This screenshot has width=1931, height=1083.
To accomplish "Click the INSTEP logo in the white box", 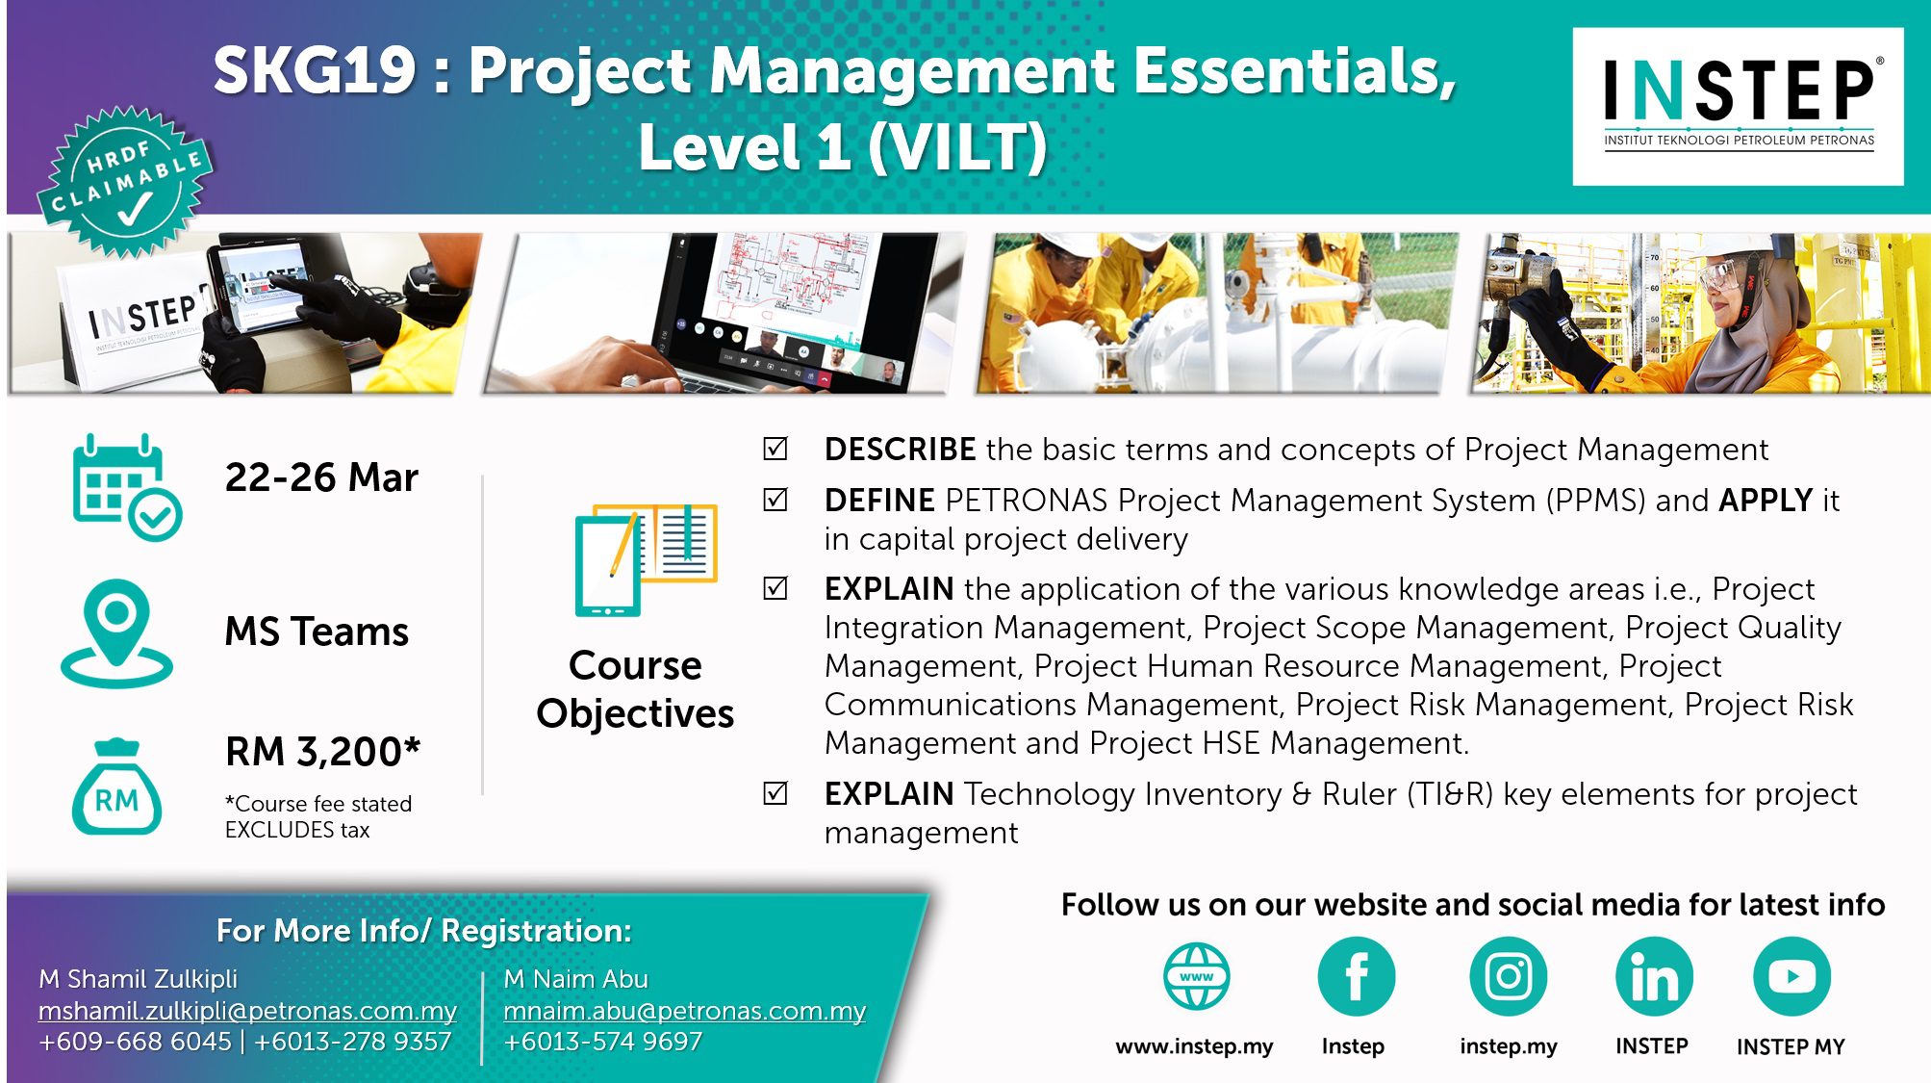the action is [1738, 105].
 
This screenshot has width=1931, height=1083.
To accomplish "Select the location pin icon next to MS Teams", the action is [116, 633].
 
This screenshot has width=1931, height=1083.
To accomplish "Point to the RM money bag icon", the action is [116, 786].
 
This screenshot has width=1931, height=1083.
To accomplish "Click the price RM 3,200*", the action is [323, 751].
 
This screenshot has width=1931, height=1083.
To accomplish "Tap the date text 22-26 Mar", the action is [321, 477].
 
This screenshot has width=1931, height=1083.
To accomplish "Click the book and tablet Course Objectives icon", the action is [646, 559].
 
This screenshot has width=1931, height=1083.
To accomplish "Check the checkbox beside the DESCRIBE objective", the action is [775, 449].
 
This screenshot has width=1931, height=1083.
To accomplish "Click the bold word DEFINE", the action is [879, 501].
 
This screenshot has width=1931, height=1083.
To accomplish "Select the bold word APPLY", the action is [1766, 501].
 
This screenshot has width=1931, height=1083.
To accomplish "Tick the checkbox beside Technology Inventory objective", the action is [775, 793].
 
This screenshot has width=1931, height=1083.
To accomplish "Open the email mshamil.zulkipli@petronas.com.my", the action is [247, 1011].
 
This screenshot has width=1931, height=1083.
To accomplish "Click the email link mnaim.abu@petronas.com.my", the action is [684, 1011].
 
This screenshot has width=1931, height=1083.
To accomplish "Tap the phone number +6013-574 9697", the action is [602, 1042].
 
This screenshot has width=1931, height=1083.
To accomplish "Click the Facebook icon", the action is [1356, 976].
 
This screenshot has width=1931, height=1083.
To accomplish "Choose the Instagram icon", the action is [1508, 976].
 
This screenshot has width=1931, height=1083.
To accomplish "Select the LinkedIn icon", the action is [1654, 976].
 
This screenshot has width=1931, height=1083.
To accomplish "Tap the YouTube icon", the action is [1791, 976].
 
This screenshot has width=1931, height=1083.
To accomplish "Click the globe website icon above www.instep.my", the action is [1196, 976].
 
